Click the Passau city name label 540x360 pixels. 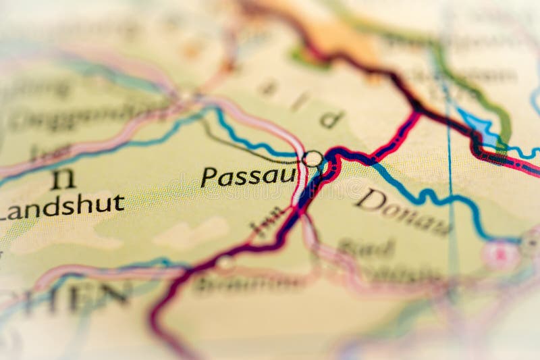248,177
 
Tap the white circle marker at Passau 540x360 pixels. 313,159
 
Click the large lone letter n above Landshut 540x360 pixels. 63,178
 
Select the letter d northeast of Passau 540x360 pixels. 331,120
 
